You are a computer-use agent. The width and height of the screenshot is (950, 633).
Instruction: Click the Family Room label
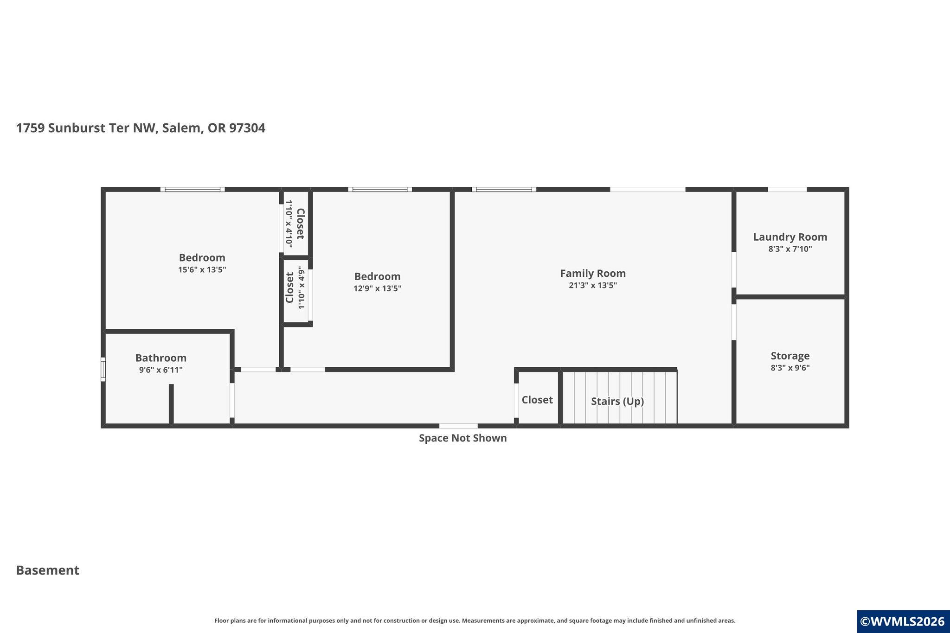(x=593, y=274)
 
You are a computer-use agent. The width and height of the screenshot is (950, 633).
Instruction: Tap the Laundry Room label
(x=790, y=237)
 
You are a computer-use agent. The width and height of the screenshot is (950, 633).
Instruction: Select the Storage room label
(x=790, y=356)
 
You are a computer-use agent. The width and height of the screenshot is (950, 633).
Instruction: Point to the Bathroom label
(x=161, y=358)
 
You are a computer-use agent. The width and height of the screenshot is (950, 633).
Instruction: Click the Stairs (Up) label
(x=617, y=401)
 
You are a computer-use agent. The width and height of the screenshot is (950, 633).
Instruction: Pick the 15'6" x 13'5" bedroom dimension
(x=202, y=269)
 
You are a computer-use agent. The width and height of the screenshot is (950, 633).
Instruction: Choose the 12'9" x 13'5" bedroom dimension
(x=378, y=288)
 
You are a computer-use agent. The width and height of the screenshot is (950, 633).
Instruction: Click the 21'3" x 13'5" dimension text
(x=593, y=285)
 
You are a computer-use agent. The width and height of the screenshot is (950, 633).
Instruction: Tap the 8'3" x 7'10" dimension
(x=790, y=249)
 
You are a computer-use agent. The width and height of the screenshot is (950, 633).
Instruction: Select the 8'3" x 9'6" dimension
(x=790, y=368)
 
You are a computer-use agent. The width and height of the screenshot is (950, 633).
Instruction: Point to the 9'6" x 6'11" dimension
(x=161, y=370)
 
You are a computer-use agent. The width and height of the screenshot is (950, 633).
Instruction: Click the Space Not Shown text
(x=463, y=438)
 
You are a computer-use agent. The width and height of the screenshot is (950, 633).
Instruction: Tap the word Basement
(x=48, y=570)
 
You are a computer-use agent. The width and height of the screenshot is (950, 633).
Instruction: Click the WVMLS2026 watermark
(x=902, y=621)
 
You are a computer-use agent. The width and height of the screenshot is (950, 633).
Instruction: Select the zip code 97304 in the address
(x=247, y=128)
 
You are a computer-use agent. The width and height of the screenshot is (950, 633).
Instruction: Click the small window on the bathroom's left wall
(x=103, y=370)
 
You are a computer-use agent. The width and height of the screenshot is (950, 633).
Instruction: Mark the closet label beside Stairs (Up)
(x=537, y=400)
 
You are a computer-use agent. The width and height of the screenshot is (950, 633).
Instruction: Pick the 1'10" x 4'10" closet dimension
(x=289, y=224)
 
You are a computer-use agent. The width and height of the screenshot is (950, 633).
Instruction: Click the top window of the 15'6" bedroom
(x=193, y=189)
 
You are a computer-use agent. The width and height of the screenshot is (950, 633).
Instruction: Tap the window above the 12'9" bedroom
(x=380, y=189)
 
